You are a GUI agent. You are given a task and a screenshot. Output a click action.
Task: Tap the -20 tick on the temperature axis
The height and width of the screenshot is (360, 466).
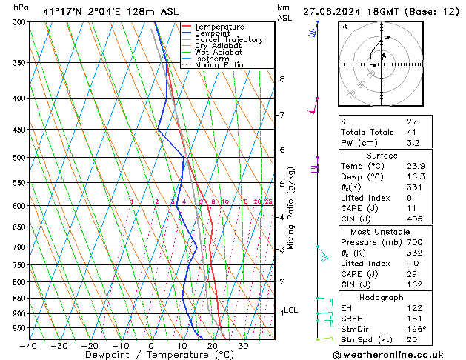(x=90, y=346)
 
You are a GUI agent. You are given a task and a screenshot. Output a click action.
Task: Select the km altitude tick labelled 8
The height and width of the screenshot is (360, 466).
(x=282, y=79)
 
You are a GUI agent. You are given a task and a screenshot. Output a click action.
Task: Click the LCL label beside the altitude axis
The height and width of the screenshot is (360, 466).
(x=290, y=310)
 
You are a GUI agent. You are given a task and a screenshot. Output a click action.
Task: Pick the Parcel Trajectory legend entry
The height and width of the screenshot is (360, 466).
(x=228, y=40)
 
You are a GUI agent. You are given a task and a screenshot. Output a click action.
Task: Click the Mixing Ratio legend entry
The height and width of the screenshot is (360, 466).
(x=219, y=65)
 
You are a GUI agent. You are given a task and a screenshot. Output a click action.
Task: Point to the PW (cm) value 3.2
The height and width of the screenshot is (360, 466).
(x=412, y=143)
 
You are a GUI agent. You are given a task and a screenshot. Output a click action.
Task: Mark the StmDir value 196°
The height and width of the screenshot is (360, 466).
(x=413, y=329)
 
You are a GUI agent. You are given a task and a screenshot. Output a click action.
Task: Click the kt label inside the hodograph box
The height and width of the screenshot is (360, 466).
(x=344, y=27)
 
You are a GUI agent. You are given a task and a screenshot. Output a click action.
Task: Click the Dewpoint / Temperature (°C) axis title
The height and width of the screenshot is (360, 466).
(x=151, y=356)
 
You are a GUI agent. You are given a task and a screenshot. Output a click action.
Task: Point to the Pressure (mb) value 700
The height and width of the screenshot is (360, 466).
(x=413, y=242)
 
